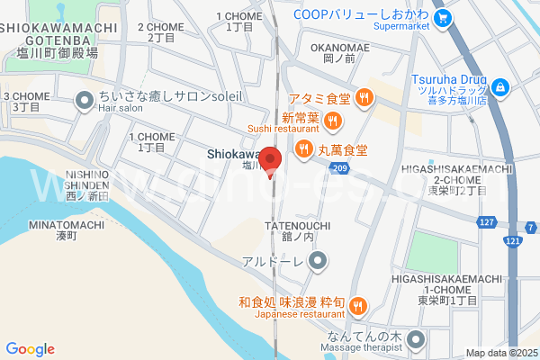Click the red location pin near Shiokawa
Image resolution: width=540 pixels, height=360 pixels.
pos(271,159)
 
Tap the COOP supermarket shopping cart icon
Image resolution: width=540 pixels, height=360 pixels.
pos(442,18)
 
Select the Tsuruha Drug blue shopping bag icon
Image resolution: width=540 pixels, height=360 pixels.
pos(502,86)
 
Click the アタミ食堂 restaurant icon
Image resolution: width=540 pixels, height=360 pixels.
pos(364,99)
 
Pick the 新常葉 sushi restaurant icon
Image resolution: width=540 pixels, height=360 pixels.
pos(333,120)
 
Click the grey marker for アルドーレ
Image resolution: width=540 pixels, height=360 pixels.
pos(317,262)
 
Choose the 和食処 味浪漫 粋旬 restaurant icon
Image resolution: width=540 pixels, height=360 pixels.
pos(357,307)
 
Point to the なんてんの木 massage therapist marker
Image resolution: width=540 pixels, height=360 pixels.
pos(416,340)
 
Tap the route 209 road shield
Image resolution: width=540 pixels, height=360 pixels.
pos(339,168)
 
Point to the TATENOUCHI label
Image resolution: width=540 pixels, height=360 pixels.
pos(298,225)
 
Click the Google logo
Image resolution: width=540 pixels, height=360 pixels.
pos(30,349)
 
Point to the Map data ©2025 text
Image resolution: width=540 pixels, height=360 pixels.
pos(500,353)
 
